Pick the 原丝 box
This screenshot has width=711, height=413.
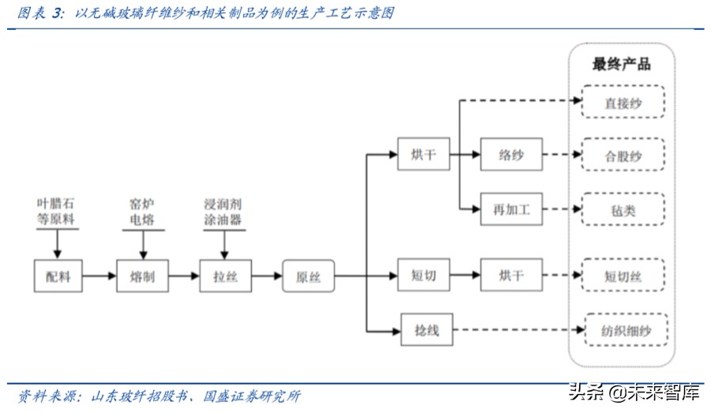[307, 276]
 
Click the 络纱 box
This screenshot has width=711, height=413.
[510, 154]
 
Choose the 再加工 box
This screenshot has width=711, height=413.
[510, 210]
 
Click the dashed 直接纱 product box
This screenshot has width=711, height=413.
[623, 103]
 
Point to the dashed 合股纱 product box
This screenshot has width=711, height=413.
[623, 156]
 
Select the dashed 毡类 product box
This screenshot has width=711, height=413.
[623, 210]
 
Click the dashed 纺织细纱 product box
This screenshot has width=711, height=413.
[626, 329]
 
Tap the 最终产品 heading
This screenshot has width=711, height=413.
[622, 64]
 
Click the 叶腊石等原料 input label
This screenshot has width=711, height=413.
[56, 212]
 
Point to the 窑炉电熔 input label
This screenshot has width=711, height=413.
[142, 212]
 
